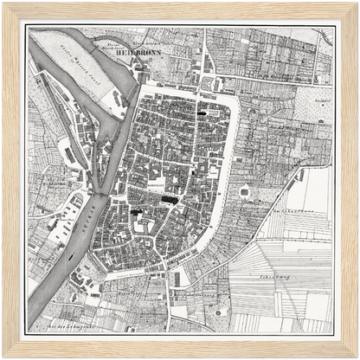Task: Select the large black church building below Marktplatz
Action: (170, 200)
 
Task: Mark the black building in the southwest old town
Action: (135, 210)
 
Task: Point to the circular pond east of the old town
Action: (245, 191)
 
